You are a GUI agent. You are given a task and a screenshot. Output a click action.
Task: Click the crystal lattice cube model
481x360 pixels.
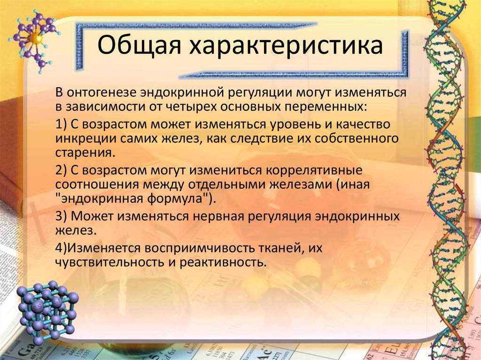click(x=47, y=311)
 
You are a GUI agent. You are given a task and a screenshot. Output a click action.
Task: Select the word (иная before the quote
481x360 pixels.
click(x=354, y=184)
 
